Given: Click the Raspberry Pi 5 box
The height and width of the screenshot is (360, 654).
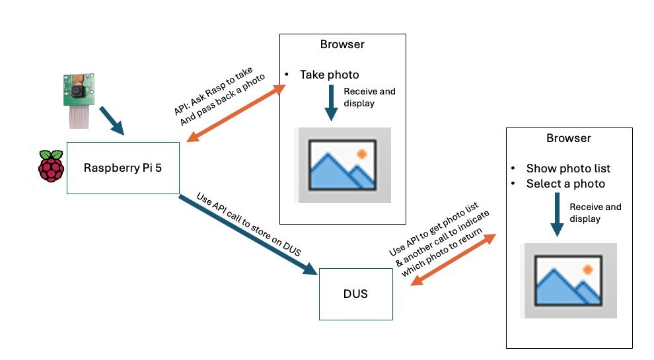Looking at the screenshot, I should point(122,168).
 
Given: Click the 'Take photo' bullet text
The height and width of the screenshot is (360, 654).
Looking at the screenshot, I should point(329,75).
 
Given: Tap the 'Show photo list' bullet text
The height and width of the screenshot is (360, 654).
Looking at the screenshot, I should point(568,168).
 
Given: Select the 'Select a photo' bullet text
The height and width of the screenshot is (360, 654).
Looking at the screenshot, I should point(565,184).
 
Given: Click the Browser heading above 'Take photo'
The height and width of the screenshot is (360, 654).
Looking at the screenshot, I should point(342,45).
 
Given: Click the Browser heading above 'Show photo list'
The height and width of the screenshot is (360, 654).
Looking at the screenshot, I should point(568,138).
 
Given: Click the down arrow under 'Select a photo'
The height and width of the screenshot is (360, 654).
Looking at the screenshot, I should point(557,215).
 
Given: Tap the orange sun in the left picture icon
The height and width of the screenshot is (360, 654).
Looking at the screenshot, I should point(361,154).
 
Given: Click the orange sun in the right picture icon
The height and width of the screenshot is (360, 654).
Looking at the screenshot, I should point(587,270).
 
